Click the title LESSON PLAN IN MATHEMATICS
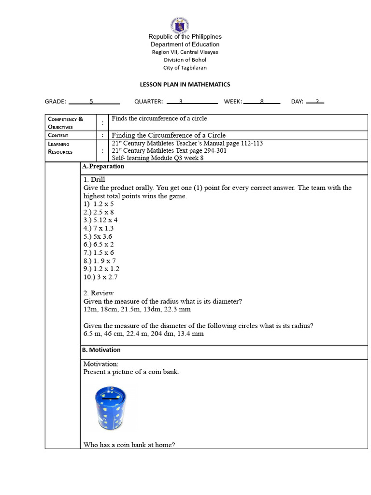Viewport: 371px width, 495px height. pos(185,85)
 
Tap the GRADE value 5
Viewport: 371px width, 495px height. pos(91,102)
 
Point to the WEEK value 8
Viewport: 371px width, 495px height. pos(262,102)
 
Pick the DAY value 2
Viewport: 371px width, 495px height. pos(317,102)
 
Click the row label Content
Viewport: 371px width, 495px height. pos(58,135)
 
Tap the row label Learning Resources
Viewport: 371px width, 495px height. pos(60,148)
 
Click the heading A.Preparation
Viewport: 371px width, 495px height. pos(103,166)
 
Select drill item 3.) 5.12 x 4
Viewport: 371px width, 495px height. pos(100,220)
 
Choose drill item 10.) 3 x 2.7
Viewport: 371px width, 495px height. pos(100,277)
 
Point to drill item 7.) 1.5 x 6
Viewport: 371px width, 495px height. pos(99,252)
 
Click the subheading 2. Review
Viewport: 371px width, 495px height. pos(99,293)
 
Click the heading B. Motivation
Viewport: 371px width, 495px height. pos(101,350)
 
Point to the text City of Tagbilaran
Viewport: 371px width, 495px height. pos(185,68)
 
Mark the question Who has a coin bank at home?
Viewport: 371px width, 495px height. pos(129,445)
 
